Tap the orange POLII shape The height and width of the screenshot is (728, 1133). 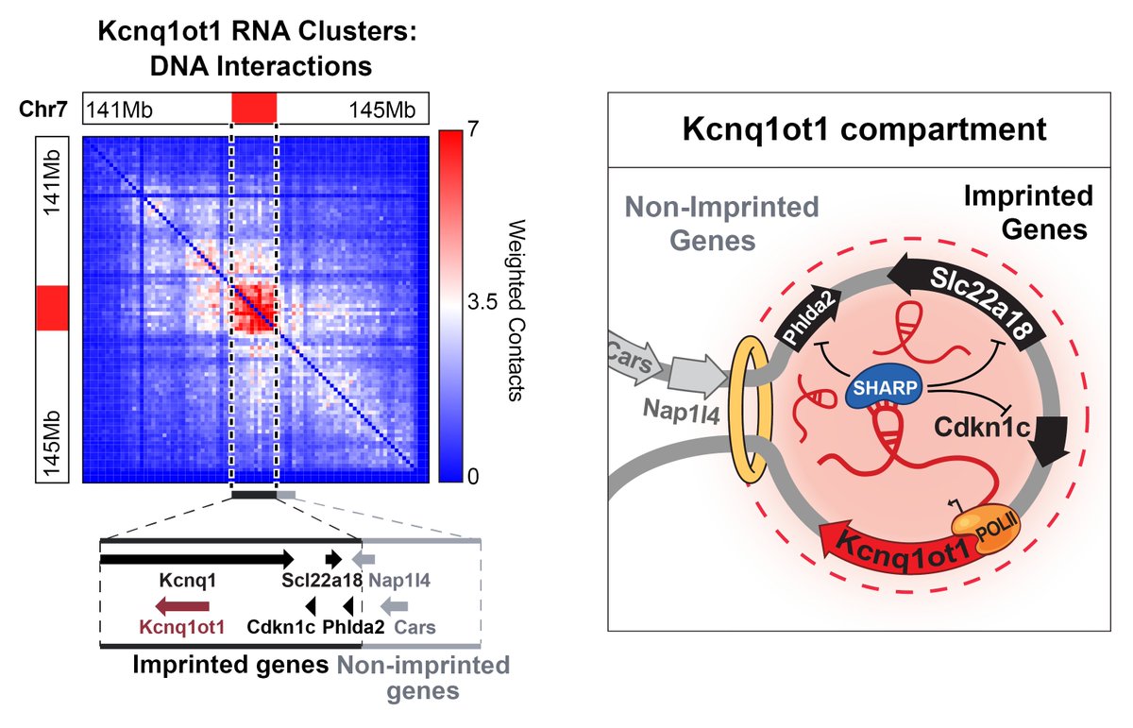click(986, 531)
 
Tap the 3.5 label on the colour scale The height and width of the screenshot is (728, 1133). click(482, 303)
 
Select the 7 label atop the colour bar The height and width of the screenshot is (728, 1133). click(473, 129)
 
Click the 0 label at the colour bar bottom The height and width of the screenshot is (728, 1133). click(473, 477)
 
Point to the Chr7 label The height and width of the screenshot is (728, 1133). click(43, 109)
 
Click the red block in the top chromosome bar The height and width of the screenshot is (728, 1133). click(254, 108)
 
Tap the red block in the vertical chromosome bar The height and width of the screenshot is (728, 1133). click(52, 308)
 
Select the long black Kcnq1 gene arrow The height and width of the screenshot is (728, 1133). click(197, 559)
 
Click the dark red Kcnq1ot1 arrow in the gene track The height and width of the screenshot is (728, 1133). click(182, 606)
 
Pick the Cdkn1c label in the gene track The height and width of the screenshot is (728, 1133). click(280, 627)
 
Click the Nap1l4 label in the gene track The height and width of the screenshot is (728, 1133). click(399, 581)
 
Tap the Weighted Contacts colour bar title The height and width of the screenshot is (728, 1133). click(516, 310)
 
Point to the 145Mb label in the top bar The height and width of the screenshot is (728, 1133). click(382, 110)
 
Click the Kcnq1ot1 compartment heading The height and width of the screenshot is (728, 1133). click(865, 129)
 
